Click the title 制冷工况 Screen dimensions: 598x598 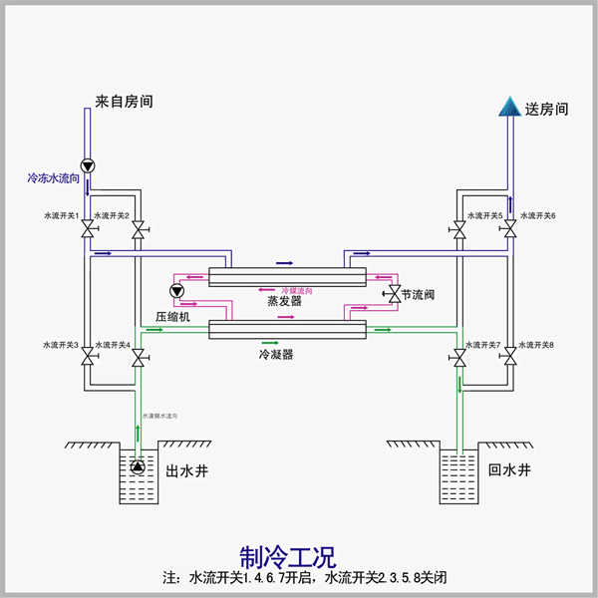(x=288, y=555)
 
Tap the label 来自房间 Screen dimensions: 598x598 (x=125, y=102)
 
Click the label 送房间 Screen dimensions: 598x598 (x=546, y=110)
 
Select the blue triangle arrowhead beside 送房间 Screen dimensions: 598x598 (x=509, y=106)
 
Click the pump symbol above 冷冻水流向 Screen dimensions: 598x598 (x=87, y=166)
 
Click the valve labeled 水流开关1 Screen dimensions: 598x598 (x=88, y=231)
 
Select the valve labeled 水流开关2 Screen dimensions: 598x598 (x=138, y=231)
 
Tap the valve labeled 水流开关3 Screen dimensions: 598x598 (x=88, y=356)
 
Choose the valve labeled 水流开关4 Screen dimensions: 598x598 (x=138, y=356)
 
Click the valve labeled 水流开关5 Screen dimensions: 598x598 (x=459, y=230)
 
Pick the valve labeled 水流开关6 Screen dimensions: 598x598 (x=509, y=230)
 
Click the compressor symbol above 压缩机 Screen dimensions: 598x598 (x=177, y=291)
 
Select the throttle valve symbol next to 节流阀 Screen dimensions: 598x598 (x=392, y=294)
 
